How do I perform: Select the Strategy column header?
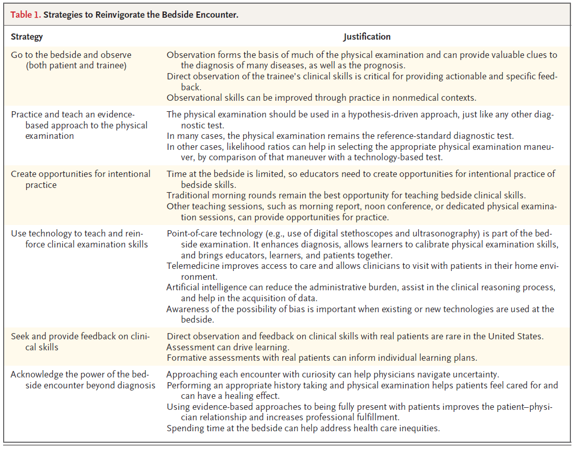point(27,37)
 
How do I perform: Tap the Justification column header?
point(366,37)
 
